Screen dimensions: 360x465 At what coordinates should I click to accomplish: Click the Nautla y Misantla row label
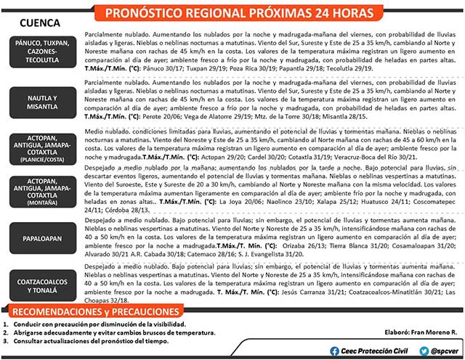[x=42, y=102]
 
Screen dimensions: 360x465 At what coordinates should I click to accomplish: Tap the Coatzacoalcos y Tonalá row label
[x=42, y=281]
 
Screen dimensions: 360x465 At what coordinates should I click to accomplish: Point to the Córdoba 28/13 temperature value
[x=122, y=209]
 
